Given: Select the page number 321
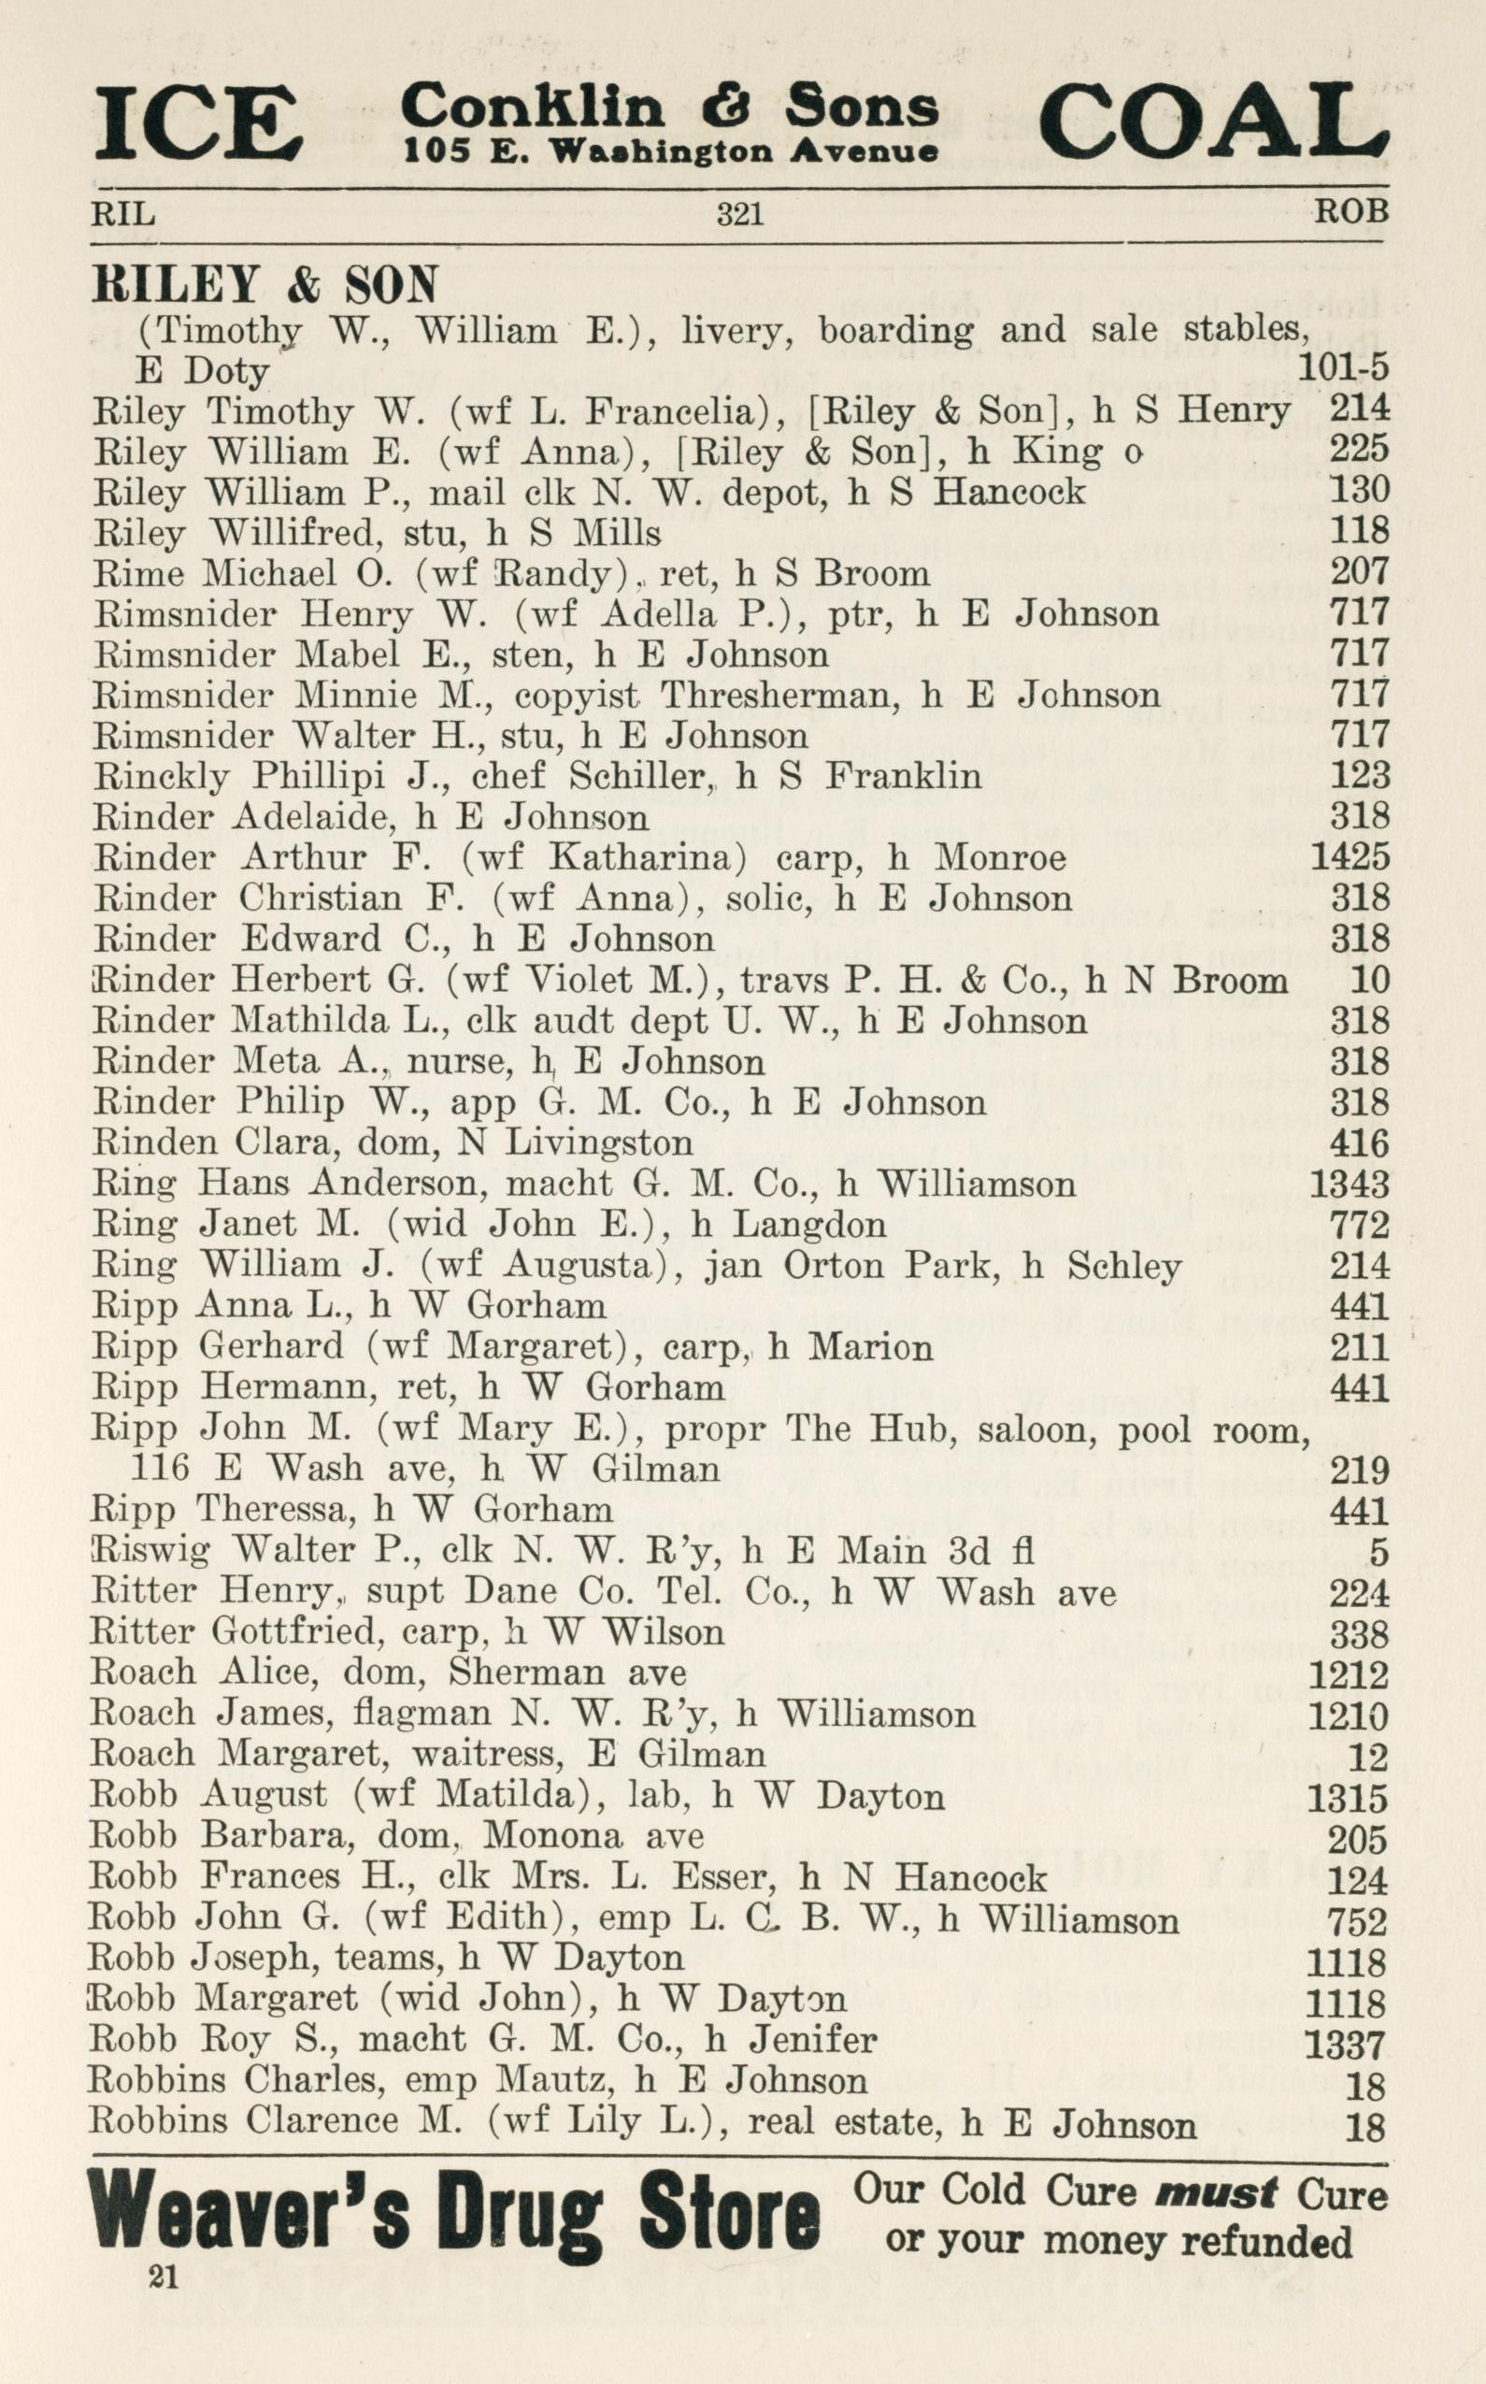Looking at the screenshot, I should (x=740, y=213).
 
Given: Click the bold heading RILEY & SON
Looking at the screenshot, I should (x=264, y=286).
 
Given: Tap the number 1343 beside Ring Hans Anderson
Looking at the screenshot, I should (x=1350, y=1184).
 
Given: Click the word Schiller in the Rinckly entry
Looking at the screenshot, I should (x=641, y=777).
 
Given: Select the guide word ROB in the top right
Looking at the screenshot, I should (x=1354, y=211).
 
